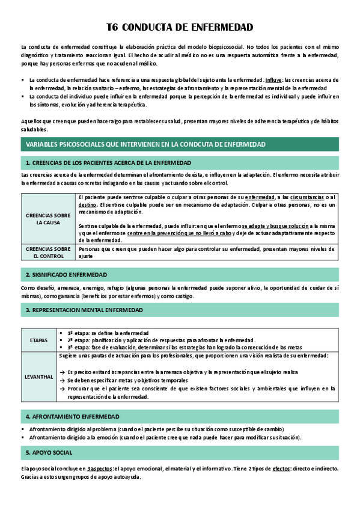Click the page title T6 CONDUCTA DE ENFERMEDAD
point(180,27)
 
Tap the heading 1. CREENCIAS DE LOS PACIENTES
point(108,163)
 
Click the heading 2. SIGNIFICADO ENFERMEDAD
point(66,274)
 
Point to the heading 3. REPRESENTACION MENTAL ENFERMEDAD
point(84,310)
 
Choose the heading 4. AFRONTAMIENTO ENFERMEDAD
point(72,416)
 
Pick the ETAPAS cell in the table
point(38,340)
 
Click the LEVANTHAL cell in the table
point(38,377)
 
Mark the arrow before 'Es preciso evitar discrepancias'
point(63,372)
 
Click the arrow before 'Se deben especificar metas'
point(63,381)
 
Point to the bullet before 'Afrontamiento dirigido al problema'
point(22,429)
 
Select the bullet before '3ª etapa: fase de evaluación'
point(62,348)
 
